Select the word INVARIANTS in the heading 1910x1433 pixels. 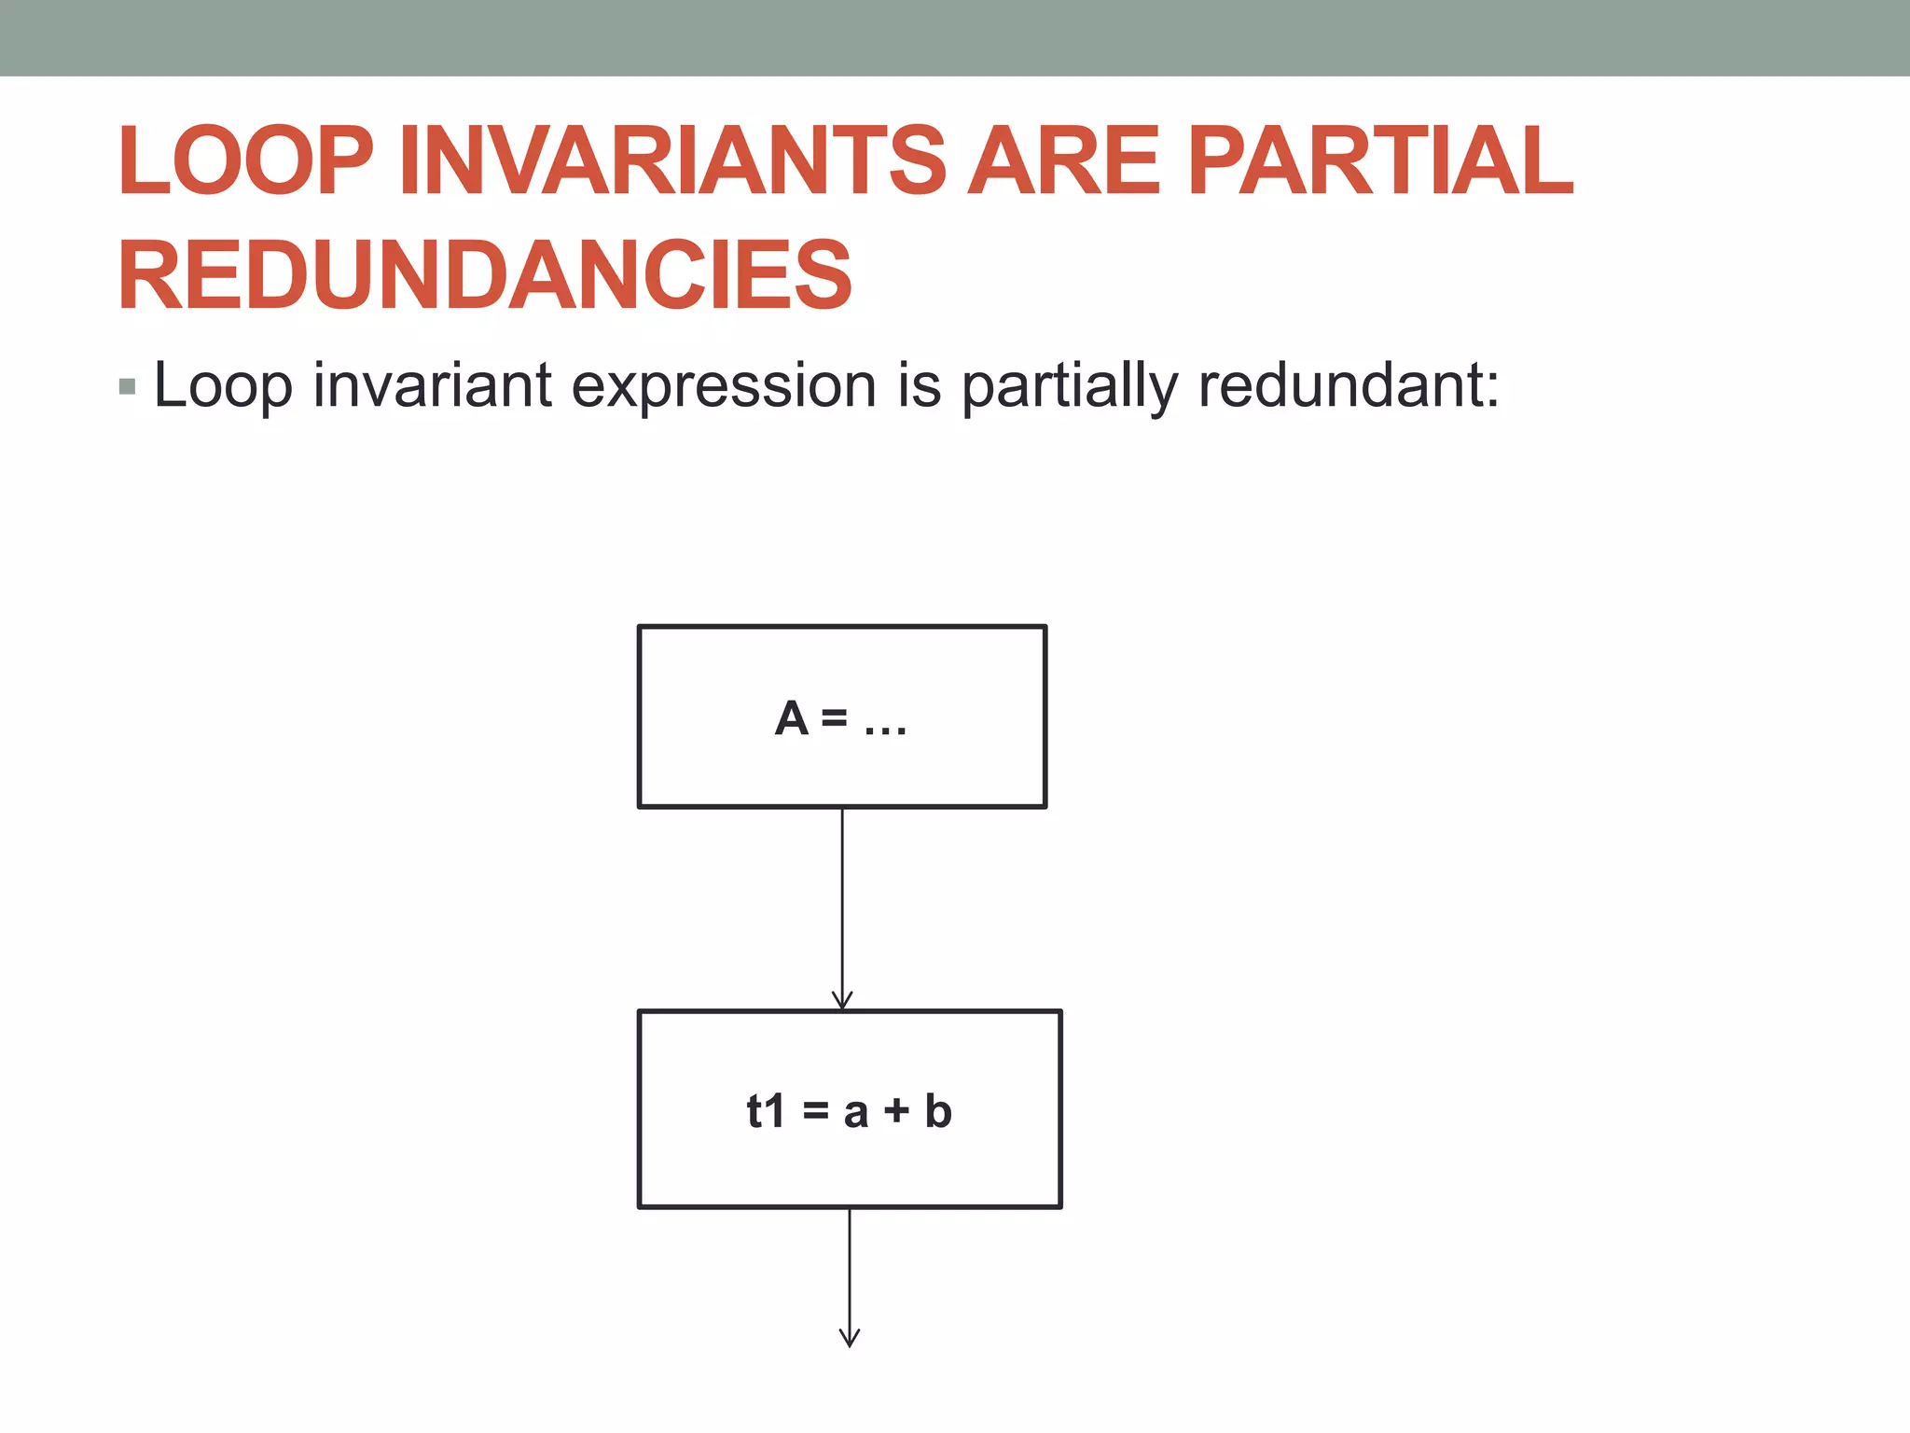coord(672,161)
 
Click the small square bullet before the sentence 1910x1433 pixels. coord(128,386)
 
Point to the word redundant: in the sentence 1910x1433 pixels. coord(1349,384)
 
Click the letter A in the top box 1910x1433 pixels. coord(791,719)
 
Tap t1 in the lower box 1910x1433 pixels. coord(766,1111)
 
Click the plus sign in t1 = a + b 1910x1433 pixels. coord(896,1111)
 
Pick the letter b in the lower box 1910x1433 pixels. coord(938,1110)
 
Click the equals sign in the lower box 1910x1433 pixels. coord(815,1111)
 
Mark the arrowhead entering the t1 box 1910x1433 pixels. coord(842,1001)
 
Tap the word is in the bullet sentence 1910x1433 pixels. coord(920,384)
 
